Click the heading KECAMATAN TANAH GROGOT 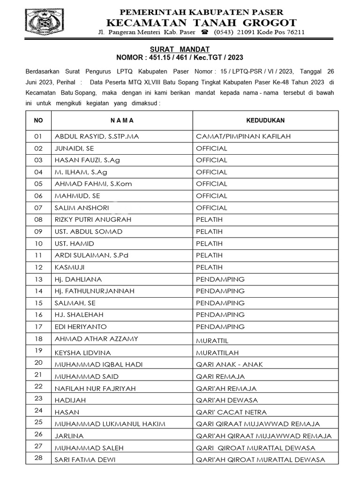tap(202, 22)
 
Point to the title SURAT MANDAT tap(180, 49)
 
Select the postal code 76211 tap(294, 33)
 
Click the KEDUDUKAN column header tap(265, 120)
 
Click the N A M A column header tap(122, 120)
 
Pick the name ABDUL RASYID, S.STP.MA tap(97, 136)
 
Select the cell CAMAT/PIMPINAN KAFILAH tap(243, 136)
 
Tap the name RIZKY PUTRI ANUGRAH tap(93, 219)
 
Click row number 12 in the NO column tap(38, 267)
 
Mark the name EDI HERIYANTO tap(81, 327)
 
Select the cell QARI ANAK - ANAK tap(229, 364)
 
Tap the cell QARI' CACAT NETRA tap(231, 412)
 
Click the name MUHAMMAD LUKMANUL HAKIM tap(110, 424)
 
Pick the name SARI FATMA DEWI tap(85, 460)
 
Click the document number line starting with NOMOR tap(180, 58)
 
